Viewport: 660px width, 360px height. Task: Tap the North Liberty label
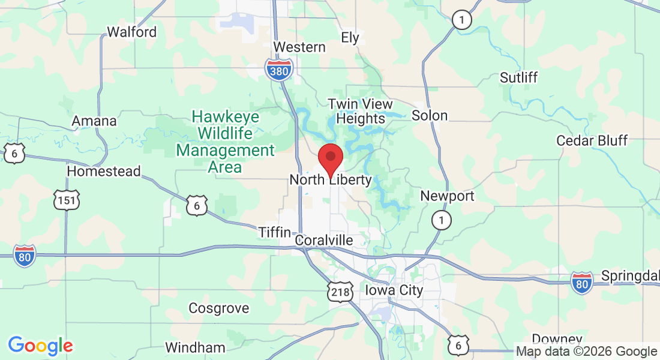click(331, 180)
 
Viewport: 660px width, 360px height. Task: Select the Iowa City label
click(394, 290)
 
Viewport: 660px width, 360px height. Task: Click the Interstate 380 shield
click(279, 70)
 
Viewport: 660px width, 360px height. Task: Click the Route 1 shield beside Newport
click(442, 220)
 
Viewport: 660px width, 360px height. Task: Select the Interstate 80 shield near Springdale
click(581, 281)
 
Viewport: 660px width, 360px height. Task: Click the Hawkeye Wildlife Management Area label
click(225, 142)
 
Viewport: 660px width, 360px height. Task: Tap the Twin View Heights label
click(360, 111)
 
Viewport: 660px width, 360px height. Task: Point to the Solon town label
click(430, 115)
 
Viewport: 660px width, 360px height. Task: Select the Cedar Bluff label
click(592, 140)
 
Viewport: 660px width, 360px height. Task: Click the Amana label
click(94, 121)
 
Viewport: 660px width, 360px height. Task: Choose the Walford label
click(131, 32)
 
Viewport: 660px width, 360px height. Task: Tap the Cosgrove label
click(219, 308)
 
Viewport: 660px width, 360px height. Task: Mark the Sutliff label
click(519, 77)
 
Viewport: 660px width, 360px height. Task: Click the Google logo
click(40, 346)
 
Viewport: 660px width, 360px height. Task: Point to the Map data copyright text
click(587, 352)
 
